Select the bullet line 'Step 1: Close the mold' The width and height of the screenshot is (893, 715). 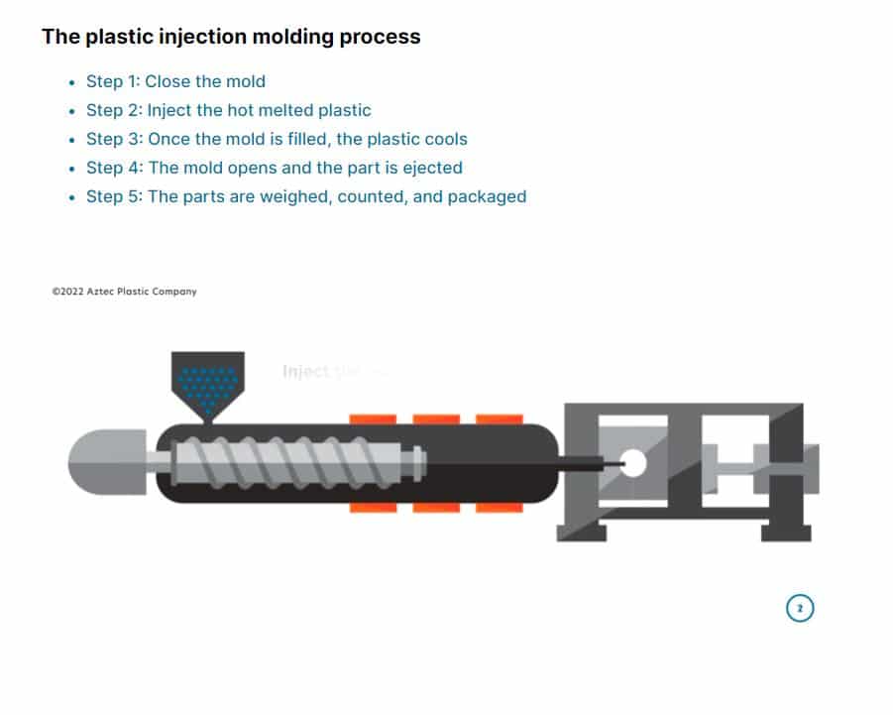[175, 81]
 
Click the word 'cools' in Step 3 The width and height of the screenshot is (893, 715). [444, 139]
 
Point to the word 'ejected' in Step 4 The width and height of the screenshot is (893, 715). [431, 168]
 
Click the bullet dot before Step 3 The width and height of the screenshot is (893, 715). [71, 140]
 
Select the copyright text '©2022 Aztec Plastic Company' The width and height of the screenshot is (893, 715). [124, 292]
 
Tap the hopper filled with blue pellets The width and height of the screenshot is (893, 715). [208, 383]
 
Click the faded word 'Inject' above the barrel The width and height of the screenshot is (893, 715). [305, 372]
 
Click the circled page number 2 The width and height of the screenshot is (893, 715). [800, 608]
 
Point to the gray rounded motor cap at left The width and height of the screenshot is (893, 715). [104, 463]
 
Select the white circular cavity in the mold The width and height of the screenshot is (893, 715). [631, 463]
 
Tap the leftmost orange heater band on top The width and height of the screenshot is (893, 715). [373, 419]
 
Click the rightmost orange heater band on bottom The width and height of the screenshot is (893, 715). [500, 508]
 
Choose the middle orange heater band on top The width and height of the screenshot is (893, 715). [436, 419]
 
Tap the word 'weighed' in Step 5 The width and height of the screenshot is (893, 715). [295, 196]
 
